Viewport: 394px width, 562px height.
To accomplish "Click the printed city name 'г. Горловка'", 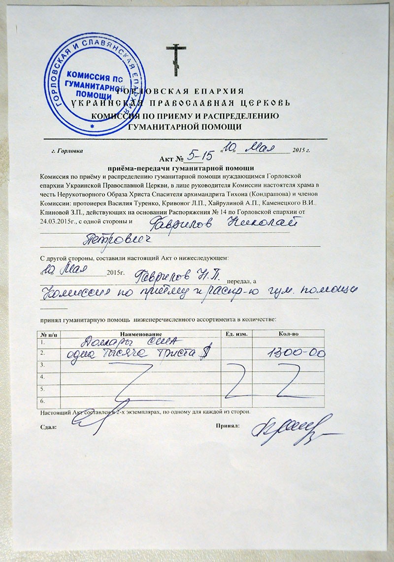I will (x=67, y=151).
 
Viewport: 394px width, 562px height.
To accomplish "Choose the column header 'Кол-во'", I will (x=287, y=334).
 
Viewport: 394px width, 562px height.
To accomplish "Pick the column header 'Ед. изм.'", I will (x=235, y=334).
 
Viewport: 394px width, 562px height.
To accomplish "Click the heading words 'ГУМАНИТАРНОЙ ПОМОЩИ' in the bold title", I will (x=184, y=126).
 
